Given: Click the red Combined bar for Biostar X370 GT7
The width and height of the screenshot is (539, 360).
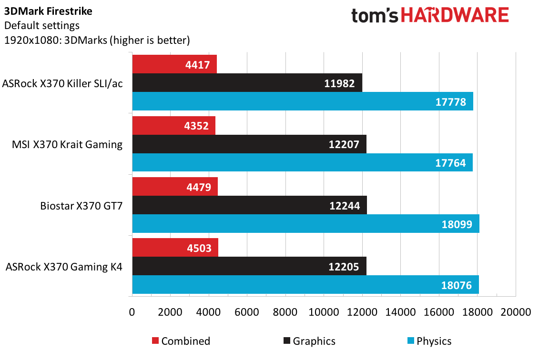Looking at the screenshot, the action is click(x=175, y=187).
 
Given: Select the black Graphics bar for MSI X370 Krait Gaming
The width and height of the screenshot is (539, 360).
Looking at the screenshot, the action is click(x=249, y=144).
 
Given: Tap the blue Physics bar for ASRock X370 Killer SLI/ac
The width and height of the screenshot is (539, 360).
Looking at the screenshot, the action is click(x=303, y=101).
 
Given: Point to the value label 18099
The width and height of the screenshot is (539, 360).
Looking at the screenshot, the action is click(x=457, y=224).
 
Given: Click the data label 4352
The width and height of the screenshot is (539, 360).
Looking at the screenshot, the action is click(x=196, y=126).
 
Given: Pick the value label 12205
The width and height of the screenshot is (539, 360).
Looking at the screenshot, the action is click(x=344, y=267).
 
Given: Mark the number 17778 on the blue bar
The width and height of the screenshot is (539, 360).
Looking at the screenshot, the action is click(x=451, y=102).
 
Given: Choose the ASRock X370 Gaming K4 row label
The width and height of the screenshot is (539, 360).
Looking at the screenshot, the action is click(x=64, y=267).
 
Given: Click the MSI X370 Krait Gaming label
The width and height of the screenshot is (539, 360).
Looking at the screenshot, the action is click(x=67, y=144).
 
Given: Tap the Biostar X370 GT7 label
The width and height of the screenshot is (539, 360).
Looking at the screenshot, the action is click(x=81, y=206).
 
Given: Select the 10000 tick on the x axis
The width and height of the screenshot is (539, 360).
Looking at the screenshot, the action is click(x=324, y=312).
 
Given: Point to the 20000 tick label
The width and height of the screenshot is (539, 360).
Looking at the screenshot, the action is click(x=516, y=312).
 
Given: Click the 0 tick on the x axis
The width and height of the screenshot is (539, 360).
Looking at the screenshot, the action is click(x=132, y=312).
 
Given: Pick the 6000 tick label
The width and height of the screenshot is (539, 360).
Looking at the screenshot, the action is click(x=247, y=312).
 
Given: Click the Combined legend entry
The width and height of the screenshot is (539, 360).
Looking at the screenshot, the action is click(x=181, y=341).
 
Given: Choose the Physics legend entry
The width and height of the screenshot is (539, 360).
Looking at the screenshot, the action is click(x=429, y=341).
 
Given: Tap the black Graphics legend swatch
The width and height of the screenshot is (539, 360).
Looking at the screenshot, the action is click(x=287, y=340).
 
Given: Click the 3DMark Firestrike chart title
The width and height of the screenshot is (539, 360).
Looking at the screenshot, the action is click(x=48, y=11).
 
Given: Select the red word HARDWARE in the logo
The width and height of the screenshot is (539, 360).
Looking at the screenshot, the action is click(x=455, y=15).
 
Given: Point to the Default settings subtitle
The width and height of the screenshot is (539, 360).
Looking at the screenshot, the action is click(x=42, y=26).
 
